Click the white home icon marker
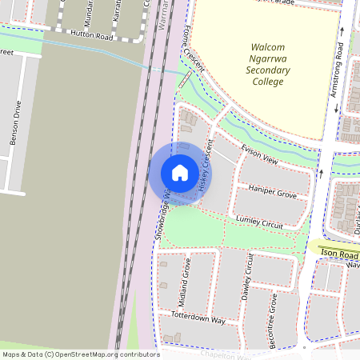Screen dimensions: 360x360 coord(180,173)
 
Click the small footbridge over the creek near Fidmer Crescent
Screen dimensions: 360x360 coord(185,79)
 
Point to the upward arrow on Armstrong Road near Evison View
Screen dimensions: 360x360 coord(320,172)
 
